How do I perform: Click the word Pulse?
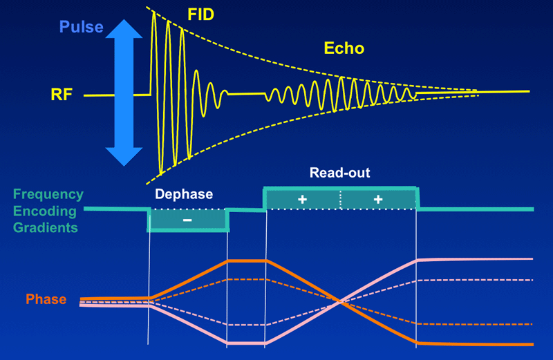(81, 27)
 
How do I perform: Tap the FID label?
(200, 15)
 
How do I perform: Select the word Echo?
(344, 48)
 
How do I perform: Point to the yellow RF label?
(62, 95)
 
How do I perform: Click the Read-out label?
(339, 173)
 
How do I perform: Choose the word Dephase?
(184, 194)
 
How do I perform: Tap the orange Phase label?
(46, 299)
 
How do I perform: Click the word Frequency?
(48, 195)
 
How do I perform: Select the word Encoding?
(45, 211)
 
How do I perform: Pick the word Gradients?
(45, 227)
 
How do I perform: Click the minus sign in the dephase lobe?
(187, 220)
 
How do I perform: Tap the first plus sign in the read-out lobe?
(302, 200)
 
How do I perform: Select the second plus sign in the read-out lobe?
(378, 200)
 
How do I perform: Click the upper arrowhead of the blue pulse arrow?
(124, 28)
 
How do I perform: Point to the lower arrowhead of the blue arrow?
(124, 157)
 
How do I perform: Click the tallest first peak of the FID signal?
(153, 13)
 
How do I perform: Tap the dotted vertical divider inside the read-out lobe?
(341, 200)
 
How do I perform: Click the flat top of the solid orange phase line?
(247, 261)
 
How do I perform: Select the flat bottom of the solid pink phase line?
(246, 343)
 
